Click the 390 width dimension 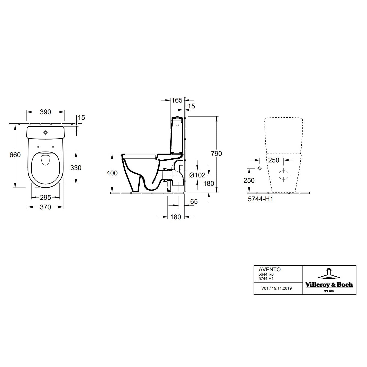(x=46, y=112)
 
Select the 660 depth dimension (x=15, y=155)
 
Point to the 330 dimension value (x=76, y=168)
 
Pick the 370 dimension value (x=46, y=207)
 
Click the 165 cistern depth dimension (x=177, y=100)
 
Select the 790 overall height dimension (x=216, y=154)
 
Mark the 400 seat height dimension (x=112, y=173)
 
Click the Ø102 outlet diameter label (x=197, y=175)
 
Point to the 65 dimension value (x=194, y=202)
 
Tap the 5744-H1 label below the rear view (x=260, y=199)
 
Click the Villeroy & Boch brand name (x=329, y=285)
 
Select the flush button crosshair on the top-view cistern (x=46, y=132)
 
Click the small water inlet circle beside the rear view (x=260, y=168)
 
